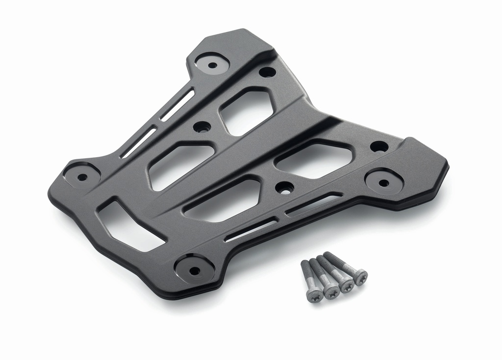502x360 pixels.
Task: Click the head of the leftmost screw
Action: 314,295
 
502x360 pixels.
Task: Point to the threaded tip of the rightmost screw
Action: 326,255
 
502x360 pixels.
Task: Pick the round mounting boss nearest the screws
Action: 195,270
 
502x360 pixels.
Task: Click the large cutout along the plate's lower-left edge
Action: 130,225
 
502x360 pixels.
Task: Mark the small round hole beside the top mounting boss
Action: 267,72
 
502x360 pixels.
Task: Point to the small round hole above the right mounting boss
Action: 379,146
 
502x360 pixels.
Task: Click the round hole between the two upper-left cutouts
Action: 202,127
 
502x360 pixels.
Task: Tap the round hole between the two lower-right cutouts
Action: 284,187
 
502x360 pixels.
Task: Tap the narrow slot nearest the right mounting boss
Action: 314,204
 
